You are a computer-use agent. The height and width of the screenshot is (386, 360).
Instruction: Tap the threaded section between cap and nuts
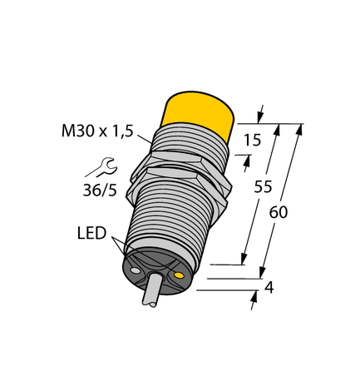191,137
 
